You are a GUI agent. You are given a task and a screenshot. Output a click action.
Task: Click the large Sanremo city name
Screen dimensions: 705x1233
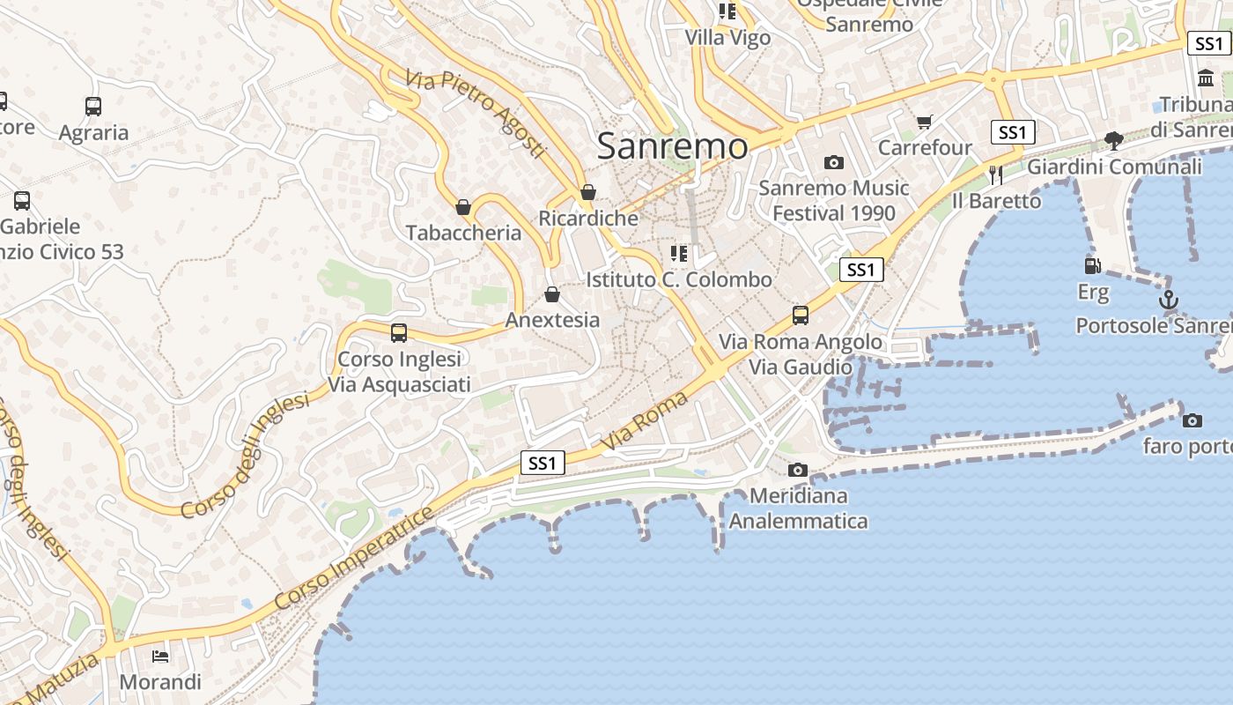click(673, 146)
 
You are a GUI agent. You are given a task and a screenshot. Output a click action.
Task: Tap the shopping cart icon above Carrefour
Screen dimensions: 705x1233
click(924, 122)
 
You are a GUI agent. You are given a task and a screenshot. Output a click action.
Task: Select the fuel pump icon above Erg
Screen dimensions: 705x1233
click(1092, 265)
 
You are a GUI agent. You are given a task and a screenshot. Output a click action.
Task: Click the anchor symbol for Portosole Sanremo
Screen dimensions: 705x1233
click(1168, 301)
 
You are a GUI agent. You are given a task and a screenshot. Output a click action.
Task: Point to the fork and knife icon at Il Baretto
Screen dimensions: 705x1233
click(996, 174)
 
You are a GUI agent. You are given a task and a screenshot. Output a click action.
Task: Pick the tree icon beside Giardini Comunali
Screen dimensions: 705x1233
click(1114, 140)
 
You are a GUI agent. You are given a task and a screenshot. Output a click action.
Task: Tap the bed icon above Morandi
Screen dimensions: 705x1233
click(160, 656)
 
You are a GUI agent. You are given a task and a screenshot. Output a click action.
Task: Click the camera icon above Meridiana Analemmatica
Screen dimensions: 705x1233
click(798, 470)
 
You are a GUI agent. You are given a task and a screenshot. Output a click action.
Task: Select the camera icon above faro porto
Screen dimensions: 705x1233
click(1192, 420)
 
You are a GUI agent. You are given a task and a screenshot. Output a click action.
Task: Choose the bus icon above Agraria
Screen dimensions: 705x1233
click(93, 107)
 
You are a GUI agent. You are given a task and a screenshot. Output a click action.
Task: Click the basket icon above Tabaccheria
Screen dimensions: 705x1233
click(463, 207)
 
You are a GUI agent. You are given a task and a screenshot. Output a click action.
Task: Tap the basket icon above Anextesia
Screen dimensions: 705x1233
click(552, 294)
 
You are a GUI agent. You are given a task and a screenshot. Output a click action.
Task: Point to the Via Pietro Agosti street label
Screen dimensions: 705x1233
click(476, 114)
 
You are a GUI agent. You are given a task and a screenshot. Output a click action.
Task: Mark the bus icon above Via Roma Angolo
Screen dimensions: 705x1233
click(801, 315)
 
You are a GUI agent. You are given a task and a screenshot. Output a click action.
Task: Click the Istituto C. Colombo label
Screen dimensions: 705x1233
click(679, 280)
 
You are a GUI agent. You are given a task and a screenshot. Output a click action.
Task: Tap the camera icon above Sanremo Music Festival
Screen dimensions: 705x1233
click(833, 162)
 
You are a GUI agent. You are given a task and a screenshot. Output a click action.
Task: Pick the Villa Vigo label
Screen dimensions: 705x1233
click(727, 38)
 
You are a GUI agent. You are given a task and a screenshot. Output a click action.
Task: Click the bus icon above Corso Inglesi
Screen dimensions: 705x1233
click(399, 333)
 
